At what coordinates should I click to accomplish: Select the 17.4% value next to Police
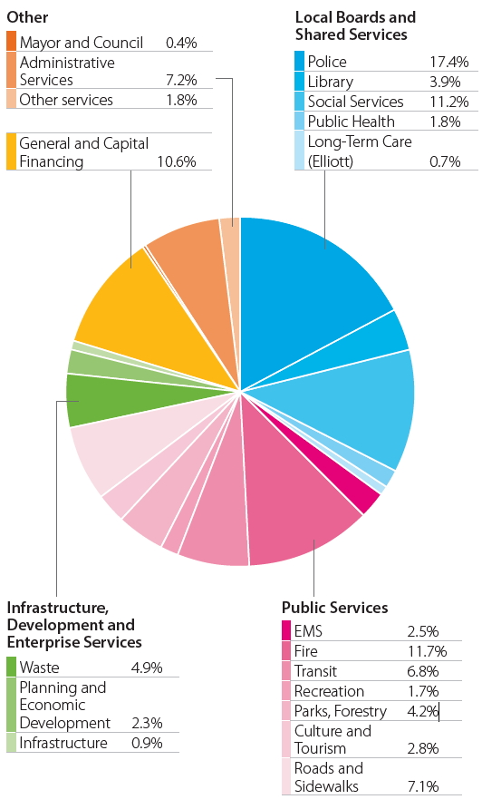point(449,62)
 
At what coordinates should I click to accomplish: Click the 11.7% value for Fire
point(422,651)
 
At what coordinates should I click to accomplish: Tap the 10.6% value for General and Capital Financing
point(176,161)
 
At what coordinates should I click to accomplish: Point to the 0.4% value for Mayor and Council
point(181,43)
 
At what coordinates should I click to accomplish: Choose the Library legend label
point(331,82)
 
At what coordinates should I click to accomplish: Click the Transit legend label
point(316,671)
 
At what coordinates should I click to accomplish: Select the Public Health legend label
point(351,122)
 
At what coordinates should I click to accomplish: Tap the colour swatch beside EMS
point(287,631)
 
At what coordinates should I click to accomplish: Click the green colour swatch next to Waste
point(12,668)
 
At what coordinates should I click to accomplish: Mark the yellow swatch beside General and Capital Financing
point(12,152)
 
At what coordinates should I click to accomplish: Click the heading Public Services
point(334,608)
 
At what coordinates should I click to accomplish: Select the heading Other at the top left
point(27,17)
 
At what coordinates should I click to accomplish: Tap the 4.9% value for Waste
point(147,668)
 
